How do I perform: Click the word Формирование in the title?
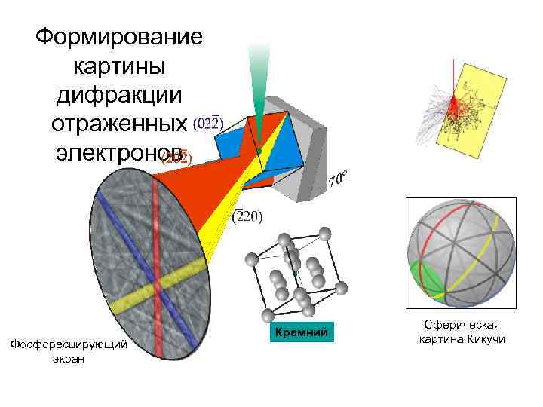(119, 36)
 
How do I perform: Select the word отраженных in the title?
(119, 123)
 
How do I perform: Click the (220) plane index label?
(247, 217)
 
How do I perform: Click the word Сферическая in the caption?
(462, 325)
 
